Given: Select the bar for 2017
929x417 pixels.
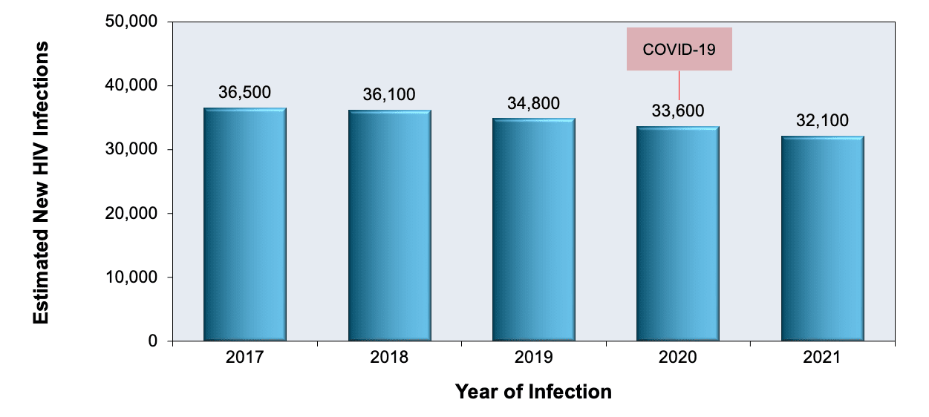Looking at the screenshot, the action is pyautogui.click(x=245, y=224).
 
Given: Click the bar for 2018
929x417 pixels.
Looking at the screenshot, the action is pyautogui.click(x=389, y=226).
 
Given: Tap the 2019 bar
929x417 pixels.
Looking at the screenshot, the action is pyautogui.click(x=534, y=229).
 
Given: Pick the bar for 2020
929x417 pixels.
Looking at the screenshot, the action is pyautogui.click(x=678, y=234).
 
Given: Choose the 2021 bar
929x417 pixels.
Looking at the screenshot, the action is pyautogui.click(x=822, y=238).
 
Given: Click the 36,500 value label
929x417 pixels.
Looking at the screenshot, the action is pyautogui.click(x=245, y=93).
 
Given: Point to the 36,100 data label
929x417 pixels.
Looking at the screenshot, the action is pyautogui.click(x=389, y=94).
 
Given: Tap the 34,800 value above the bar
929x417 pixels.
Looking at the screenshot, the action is pyautogui.click(x=534, y=103).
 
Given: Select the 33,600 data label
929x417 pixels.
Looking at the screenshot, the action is pyautogui.click(x=678, y=111).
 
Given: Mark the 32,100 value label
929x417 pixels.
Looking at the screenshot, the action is pyautogui.click(x=822, y=121).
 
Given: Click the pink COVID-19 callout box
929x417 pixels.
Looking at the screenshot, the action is pyautogui.click(x=679, y=49).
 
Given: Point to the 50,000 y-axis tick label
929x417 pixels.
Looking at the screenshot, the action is pyautogui.click(x=131, y=21).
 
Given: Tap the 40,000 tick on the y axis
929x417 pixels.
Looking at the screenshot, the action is pyautogui.click(x=131, y=85).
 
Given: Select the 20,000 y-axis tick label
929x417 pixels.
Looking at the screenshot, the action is pyautogui.click(x=131, y=214).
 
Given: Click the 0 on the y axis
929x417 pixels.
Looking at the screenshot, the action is pyautogui.click(x=153, y=341).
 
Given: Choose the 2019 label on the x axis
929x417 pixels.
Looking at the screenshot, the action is pyautogui.click(x=534, y=358).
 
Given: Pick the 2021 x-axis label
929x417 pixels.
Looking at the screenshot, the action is pyautogui.click(x=822, y=358).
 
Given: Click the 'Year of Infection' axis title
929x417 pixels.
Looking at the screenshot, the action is pyautogui.click(x=533, y=392).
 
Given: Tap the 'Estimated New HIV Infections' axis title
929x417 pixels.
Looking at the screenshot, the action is pyautogui.click(x=41, y=183).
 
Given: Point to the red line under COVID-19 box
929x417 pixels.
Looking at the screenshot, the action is pyautogui.click(x=679, y=85).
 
